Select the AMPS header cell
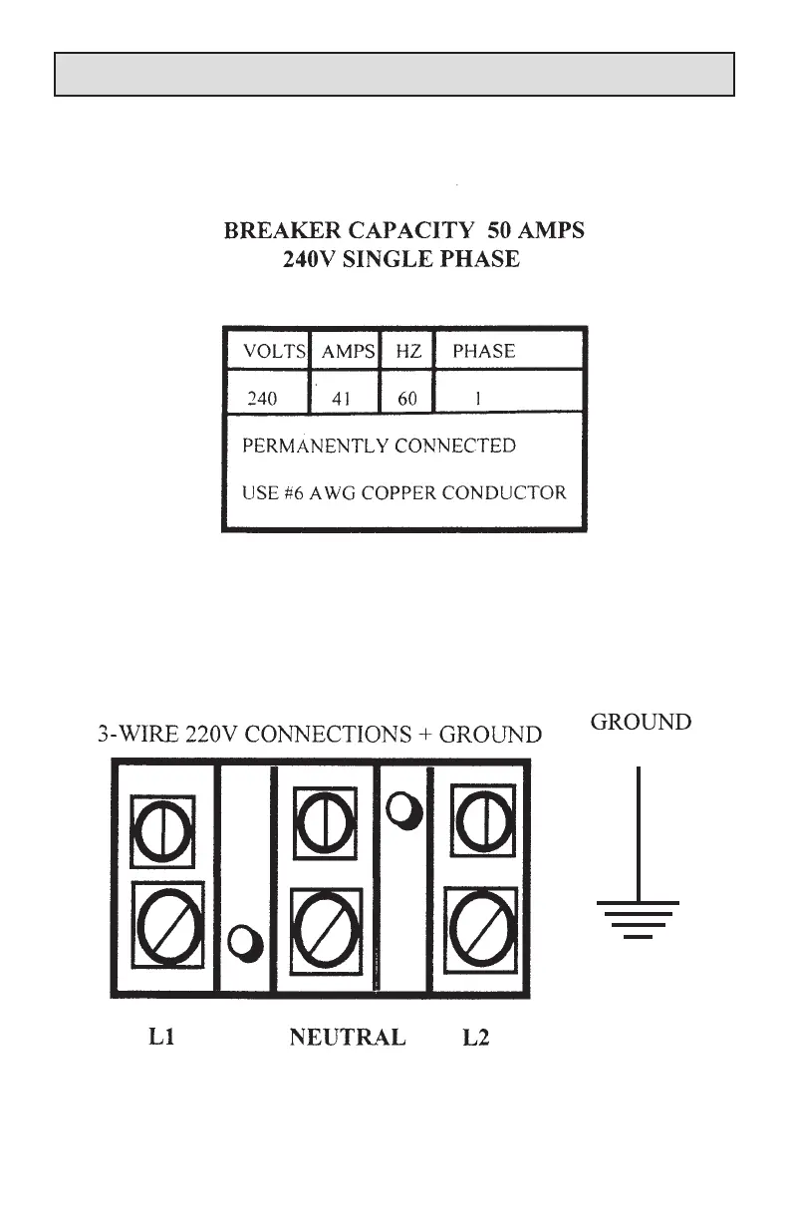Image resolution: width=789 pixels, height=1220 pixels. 348,351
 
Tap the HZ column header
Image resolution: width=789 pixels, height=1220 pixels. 408,351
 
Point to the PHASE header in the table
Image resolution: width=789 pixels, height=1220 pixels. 484,351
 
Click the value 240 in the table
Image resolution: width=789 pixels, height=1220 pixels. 262,399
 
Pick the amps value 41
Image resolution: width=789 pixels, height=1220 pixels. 343,399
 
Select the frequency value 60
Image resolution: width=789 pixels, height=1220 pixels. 407,399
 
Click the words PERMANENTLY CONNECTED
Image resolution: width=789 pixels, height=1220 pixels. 380,446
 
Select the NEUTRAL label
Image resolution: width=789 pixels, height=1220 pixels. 347,1038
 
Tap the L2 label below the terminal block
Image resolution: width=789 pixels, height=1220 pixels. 476,1038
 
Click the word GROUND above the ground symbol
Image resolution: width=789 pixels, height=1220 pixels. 641,722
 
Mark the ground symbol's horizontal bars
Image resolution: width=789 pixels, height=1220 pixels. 638,919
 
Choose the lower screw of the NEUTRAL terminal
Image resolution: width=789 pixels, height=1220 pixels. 325,926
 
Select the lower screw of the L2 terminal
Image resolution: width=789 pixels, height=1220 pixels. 481,926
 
